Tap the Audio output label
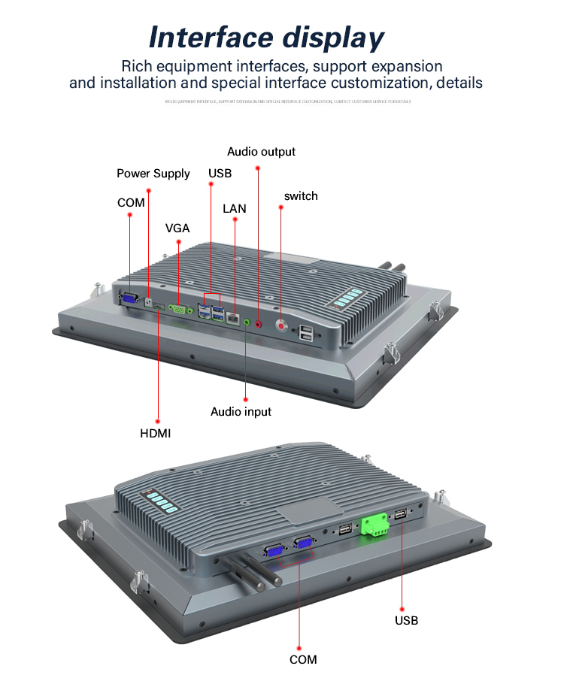pos(261,152)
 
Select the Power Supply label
pos(153,174)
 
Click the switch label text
pos(301,196)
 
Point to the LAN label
pos(235,208)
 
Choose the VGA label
pos(177,229)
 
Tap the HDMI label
pos(156,433)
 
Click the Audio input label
pos(241,412)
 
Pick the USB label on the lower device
pos(407,621)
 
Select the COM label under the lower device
pos(303,660)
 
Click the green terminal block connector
pos(374,524)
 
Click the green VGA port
pos(179,308)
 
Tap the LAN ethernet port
pos(235,318)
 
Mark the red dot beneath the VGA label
pos(178,242)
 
